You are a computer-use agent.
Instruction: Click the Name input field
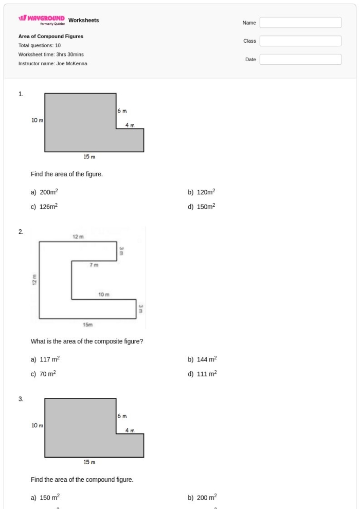[300, 23]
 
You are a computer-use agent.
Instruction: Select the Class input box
[300, 41]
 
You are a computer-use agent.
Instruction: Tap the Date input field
[300, 60]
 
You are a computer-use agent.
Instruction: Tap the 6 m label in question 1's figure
[122, 111]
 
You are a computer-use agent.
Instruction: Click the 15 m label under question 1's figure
[89, 157]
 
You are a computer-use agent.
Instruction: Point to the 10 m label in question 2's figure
[104, 295]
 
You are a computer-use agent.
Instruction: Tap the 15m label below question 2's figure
[87, 324]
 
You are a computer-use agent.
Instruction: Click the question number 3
[21, 398]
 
